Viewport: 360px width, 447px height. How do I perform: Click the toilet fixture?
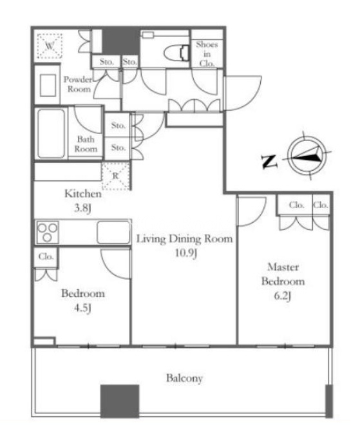pyautogui.click(x=176, y=53)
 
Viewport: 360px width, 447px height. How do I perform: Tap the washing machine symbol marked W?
pyautogui.click(x=50, y=46)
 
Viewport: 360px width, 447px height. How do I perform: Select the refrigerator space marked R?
pyautogui.click(x=116, y=176)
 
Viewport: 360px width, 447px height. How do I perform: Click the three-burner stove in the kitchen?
pyautogui.click(x=48, y=232)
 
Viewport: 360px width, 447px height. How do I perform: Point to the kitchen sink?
pyautogui.click(x=113, y=233)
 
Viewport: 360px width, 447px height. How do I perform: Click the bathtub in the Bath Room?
pyautogui.click(x=51, y=133)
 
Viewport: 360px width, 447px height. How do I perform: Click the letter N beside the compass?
pyautogui.click(x=269, y=162)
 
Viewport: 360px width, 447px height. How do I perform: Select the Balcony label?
pyautogui.click(x=184, y=378)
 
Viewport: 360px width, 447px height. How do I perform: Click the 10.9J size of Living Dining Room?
pyautogui.click(x=186, y=253)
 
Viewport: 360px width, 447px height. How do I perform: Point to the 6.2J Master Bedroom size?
pyautogui.click(x=283, y=296)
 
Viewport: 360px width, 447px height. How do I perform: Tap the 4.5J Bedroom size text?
pyautogui.click(x=82, y=308)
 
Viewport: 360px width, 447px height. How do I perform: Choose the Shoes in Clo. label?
pyautogui.click(x=207, y=53)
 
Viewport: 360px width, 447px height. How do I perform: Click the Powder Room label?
pyautogui.click(x=78, y=84)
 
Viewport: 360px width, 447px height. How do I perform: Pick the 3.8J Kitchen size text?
pyautogui.click(x=82, y=208)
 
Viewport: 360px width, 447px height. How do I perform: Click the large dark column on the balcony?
pyautogui.click(x=120, y=401)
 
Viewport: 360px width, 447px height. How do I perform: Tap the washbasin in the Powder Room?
pyautogui.click(x=48, y=85)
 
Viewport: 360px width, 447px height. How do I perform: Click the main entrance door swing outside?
pyautogui.click(x=243, y=93)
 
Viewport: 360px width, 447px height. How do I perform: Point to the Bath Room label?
pyautogui.click(x=86, y=144)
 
